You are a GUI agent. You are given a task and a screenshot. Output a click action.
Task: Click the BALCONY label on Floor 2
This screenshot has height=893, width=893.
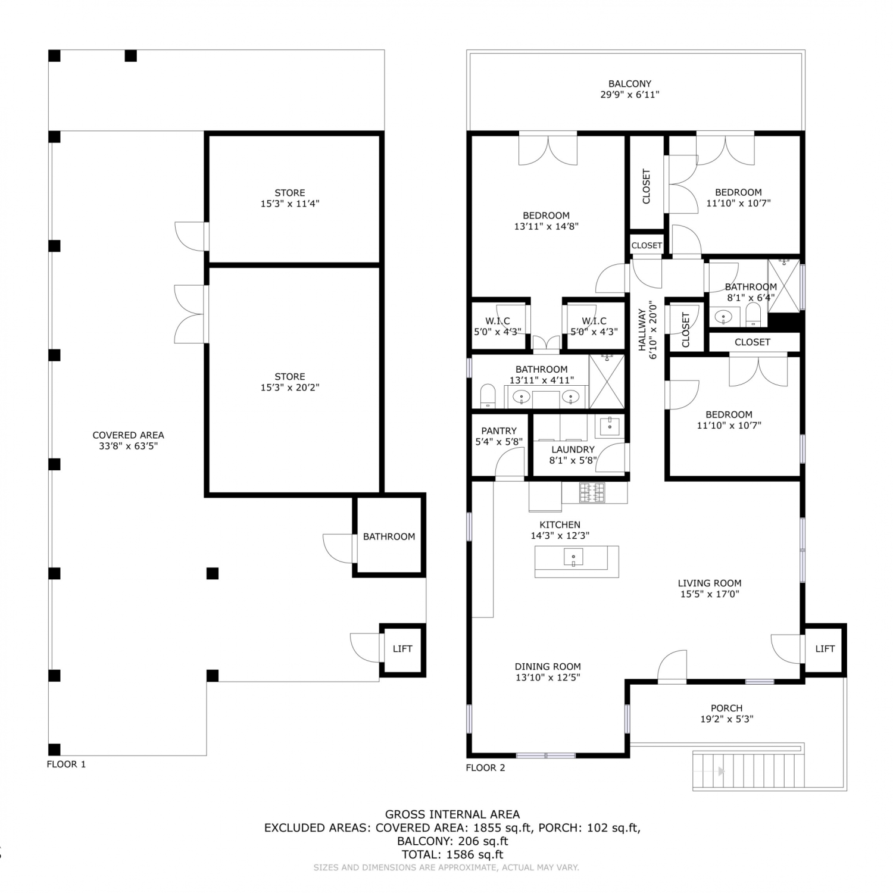[629, 84]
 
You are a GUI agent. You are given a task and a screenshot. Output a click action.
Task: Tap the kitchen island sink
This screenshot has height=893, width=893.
[573, 557]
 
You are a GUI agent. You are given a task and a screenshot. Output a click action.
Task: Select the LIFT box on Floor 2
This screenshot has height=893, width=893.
[825, 649]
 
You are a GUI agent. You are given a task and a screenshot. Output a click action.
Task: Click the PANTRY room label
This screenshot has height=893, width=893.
[499, 431]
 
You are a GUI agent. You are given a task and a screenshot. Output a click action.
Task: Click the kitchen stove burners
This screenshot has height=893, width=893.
[592, 492]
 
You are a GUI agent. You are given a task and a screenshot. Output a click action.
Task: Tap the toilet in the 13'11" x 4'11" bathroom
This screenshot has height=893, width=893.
[488, 396]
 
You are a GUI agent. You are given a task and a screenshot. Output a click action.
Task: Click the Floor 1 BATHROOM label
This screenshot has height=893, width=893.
[389, 537]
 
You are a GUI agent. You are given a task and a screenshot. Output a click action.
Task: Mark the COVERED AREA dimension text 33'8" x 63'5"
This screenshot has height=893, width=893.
[128, 446]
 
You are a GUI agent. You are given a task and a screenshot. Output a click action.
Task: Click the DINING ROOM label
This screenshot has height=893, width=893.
[548, 667]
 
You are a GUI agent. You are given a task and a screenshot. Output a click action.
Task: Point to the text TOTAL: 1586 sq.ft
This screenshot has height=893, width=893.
[452, 855]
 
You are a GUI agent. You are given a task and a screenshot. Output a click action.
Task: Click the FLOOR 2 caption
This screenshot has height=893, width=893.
[485, 768]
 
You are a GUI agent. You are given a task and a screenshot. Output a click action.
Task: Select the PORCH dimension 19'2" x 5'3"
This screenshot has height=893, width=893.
[726, 719]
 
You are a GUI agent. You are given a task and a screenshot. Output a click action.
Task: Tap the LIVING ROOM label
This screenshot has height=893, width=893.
[710, 583]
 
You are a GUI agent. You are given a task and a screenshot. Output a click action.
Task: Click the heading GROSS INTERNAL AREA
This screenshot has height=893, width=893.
[452, 814]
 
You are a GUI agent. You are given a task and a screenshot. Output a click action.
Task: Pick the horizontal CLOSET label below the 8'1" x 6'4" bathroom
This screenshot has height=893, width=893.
[753, 342]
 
